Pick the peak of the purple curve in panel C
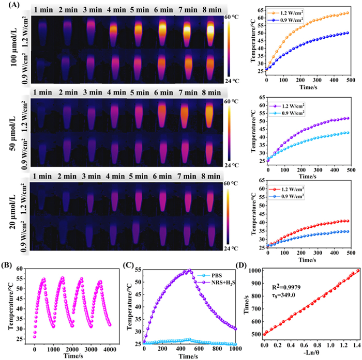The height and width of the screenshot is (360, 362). [x=189, y=270]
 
